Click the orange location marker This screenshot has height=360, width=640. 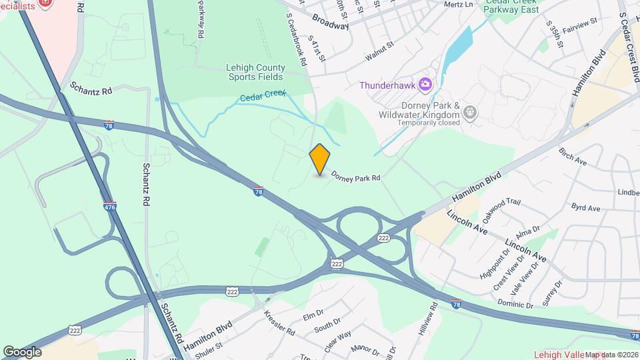320,159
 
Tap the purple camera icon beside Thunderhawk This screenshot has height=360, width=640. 425,85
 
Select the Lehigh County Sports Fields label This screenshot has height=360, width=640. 255,72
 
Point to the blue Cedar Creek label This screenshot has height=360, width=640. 263,97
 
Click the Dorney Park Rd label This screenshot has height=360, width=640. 355,178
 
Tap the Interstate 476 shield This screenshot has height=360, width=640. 110,207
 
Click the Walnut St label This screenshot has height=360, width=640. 380,53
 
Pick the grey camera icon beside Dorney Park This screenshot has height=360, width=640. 471,112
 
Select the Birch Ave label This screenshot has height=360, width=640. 573,157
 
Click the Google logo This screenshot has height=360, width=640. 22,351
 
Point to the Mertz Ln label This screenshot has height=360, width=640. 459,4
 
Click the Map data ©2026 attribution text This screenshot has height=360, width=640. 611,355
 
